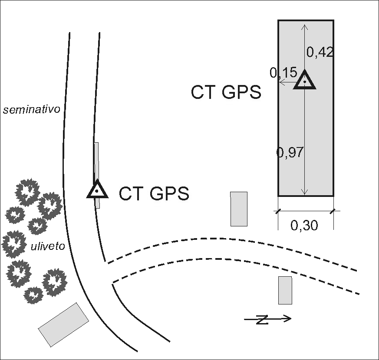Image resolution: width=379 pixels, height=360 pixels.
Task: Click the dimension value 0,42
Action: pos(320,52)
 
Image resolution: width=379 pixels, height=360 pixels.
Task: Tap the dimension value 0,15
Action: pos(283,73)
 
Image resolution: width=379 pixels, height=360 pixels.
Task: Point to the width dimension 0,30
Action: pos(304,226)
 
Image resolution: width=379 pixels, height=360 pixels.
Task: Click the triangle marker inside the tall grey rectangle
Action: pos(305,80)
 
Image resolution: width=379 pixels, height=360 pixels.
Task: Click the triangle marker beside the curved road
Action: pos(97,190)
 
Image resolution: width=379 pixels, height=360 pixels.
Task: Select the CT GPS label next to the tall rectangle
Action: pos(226,93)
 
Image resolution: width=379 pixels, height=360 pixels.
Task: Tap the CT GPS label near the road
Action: pos(154,193)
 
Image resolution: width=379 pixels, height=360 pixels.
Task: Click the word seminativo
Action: pos(31,110)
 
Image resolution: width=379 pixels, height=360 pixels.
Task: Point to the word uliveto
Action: pos(48,247)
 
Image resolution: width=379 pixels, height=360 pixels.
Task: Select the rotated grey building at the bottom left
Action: pos(63,324)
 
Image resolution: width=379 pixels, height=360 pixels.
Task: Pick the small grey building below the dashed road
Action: pos(285,290)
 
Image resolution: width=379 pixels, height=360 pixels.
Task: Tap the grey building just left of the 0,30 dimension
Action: pos(239,209)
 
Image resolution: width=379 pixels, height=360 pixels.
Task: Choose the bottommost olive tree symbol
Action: pos(33,295)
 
